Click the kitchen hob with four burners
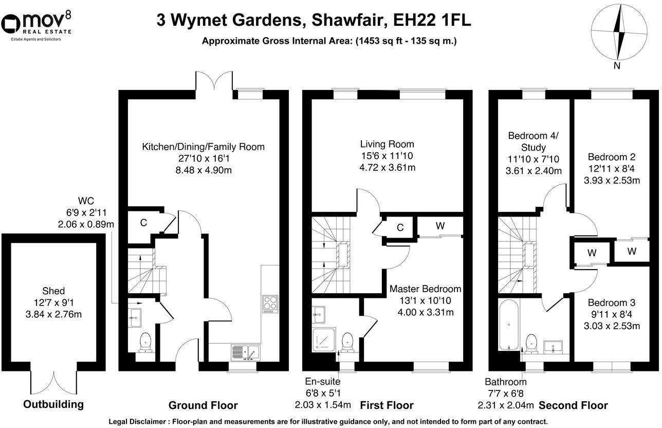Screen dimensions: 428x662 coord(270,304)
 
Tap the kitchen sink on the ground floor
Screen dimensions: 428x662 coord(246,352)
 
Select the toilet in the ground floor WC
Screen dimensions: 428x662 coord(145,342)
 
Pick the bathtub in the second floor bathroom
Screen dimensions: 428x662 coord(509,325)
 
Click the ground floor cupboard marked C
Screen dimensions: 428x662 coord(144,223)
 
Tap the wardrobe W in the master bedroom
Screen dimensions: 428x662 coord(440,225)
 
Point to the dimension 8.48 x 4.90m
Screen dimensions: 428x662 coord(203,170)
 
